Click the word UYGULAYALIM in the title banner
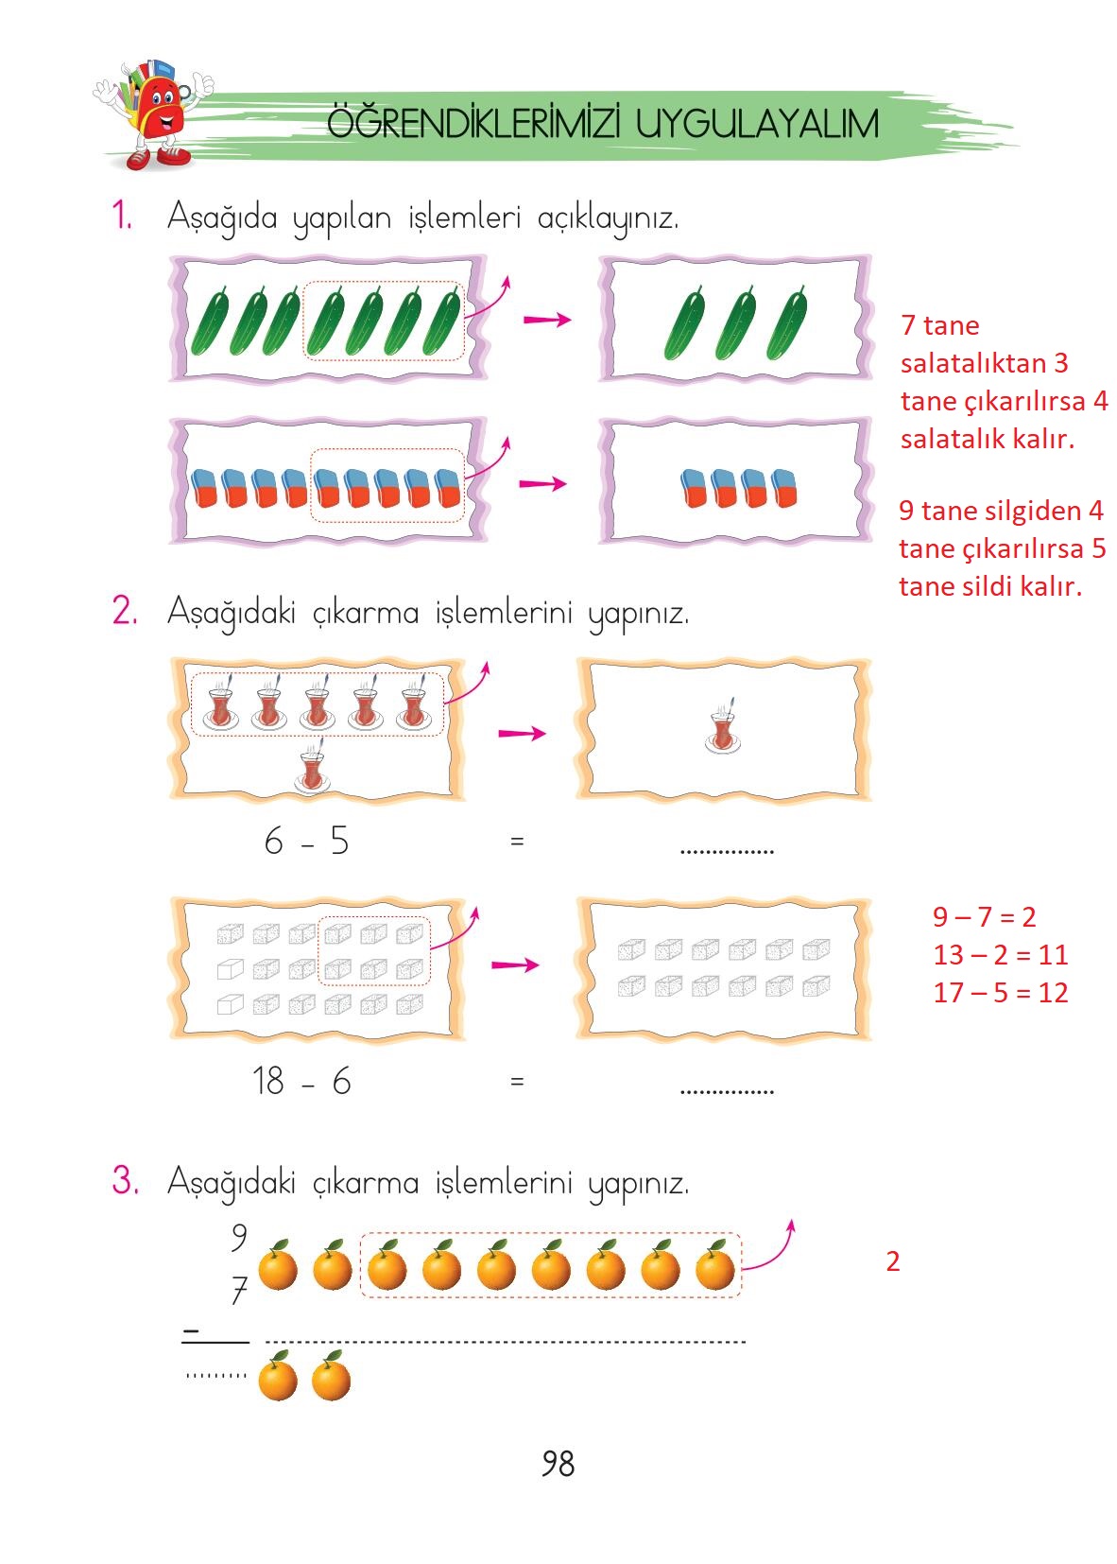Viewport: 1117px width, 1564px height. [757, 124]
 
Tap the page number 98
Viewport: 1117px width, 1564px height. [558, 1464]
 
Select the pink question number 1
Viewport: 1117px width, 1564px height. [122, 216]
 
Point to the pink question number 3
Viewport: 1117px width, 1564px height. [125, 1181]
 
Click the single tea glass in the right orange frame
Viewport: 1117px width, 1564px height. [723, 728]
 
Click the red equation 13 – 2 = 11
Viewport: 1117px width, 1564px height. [1000, 955]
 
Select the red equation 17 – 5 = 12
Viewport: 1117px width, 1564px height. [1000, 993]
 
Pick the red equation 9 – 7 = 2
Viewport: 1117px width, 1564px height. [984, 916]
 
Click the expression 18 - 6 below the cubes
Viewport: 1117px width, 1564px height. [301, 1081]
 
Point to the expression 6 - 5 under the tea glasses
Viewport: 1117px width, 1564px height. [306, 841]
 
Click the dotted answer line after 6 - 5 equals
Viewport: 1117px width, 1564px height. [726, 849]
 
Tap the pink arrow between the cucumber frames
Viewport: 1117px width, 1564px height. [547, 320]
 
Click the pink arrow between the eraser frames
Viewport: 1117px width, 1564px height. [542, 484]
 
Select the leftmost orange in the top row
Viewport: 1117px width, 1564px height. [278, 1267]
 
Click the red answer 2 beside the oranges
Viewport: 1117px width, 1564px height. [892, 1261]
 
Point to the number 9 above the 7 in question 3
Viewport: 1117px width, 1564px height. [239, 1237]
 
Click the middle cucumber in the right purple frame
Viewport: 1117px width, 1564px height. [735, 324]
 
